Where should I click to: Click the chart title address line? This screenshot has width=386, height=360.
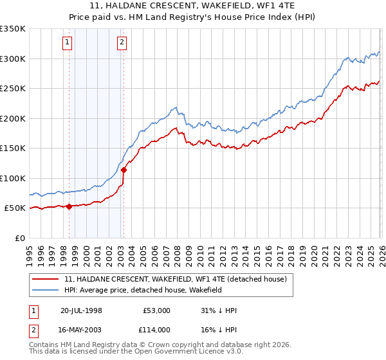(x=193, y=5)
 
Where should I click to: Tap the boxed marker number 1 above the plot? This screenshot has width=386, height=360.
(x=68, y=43)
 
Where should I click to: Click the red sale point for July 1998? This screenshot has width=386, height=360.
(x=69, y=206)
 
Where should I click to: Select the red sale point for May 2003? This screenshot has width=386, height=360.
(x=124, y=170)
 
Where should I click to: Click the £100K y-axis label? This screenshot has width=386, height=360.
(x=13, y=178)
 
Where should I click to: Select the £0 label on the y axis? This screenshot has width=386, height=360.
(x=19, y=238)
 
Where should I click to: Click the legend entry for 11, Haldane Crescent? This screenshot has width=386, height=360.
(x=179, y=279)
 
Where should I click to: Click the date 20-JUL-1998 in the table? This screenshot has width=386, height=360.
(x=81, y=310)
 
